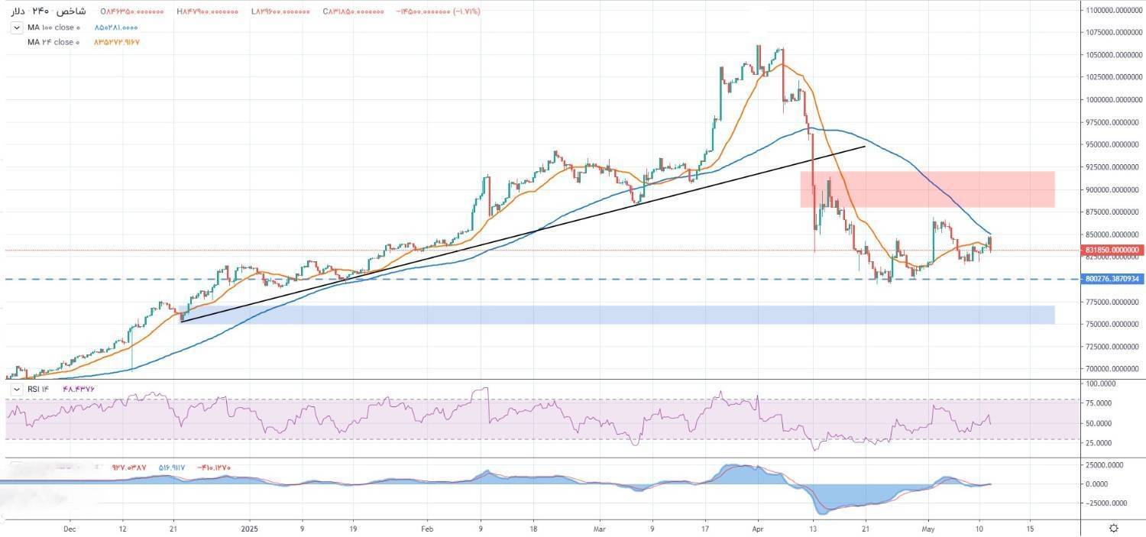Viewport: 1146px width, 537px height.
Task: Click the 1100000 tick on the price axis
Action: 1112,10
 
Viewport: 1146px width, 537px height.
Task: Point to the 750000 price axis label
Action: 1112,324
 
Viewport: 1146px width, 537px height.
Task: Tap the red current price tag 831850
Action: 1112,250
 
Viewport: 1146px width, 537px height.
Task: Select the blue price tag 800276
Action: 1112,280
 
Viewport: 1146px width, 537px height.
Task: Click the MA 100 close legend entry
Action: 53,27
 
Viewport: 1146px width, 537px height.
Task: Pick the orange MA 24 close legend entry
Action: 53,42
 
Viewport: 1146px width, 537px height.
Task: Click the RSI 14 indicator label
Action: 38,389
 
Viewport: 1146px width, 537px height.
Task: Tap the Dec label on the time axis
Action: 70,528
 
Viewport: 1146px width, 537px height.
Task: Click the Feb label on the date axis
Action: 427,528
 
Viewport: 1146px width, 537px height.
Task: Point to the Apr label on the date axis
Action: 758,528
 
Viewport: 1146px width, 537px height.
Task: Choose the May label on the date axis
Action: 928,528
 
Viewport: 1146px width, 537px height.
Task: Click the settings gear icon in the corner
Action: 1114,528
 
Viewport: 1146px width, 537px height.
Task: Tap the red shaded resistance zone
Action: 927,189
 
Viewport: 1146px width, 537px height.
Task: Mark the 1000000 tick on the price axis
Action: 1112,100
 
